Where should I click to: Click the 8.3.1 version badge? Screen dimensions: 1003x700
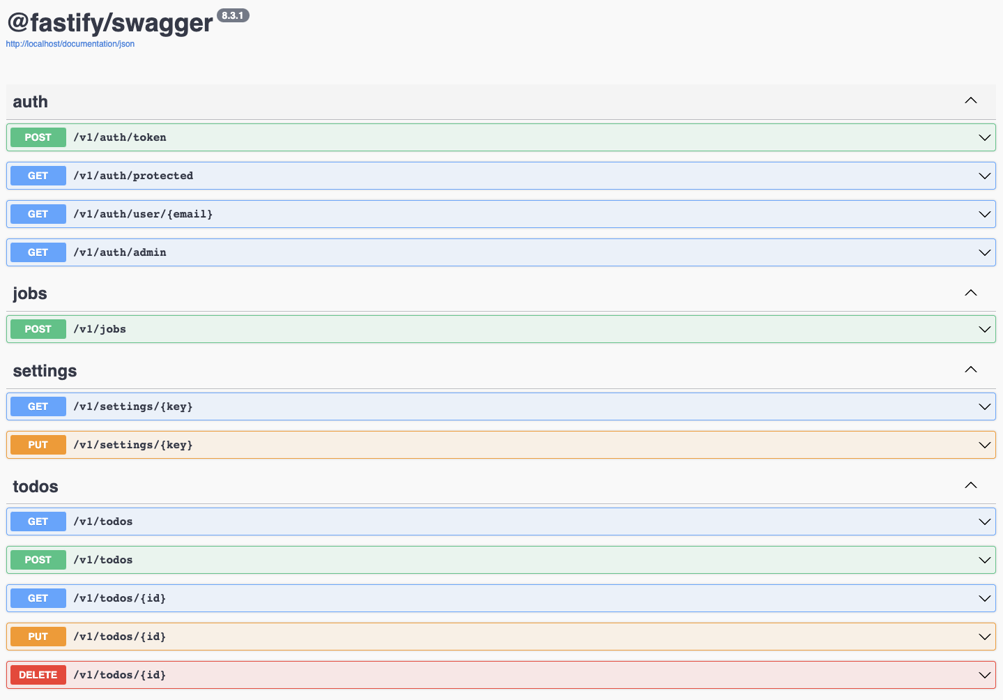(x=233, y=15)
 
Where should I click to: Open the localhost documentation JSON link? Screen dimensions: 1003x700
(x=70, y=44)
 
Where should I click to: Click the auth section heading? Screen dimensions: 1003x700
(x=31, y=102)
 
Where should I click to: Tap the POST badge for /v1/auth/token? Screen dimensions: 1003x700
(x=38, y=137)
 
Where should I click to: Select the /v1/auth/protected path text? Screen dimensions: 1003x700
(x=133, y=176)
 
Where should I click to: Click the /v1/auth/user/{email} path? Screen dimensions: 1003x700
(x=143, y=214)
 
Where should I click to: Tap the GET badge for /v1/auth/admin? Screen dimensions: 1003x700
(x=38, y=252)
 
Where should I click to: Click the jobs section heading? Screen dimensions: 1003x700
(x=30, y=294)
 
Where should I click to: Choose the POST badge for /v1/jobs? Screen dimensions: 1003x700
(x=38, y=329)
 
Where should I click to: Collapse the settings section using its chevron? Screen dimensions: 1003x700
(x=970, y=370)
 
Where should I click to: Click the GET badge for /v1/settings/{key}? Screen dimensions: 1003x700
(x=38, y=406)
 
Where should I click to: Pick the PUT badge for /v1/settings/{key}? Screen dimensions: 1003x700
(x=38, y=445)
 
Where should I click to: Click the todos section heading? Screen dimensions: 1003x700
(x=36, y=487)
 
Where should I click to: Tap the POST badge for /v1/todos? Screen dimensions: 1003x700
(x=38, y=560)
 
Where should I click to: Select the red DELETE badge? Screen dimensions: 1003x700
(x=38, y=675)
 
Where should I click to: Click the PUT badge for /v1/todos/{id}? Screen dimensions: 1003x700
(x=38, y=637)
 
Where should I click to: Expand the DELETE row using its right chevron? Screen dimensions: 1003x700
(x=984, y=675)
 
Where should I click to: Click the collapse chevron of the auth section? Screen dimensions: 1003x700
(x=970, y=100)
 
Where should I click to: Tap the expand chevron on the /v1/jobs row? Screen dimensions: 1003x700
(x=984, y=329)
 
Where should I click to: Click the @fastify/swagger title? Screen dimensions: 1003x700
(x=110, y=23)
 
